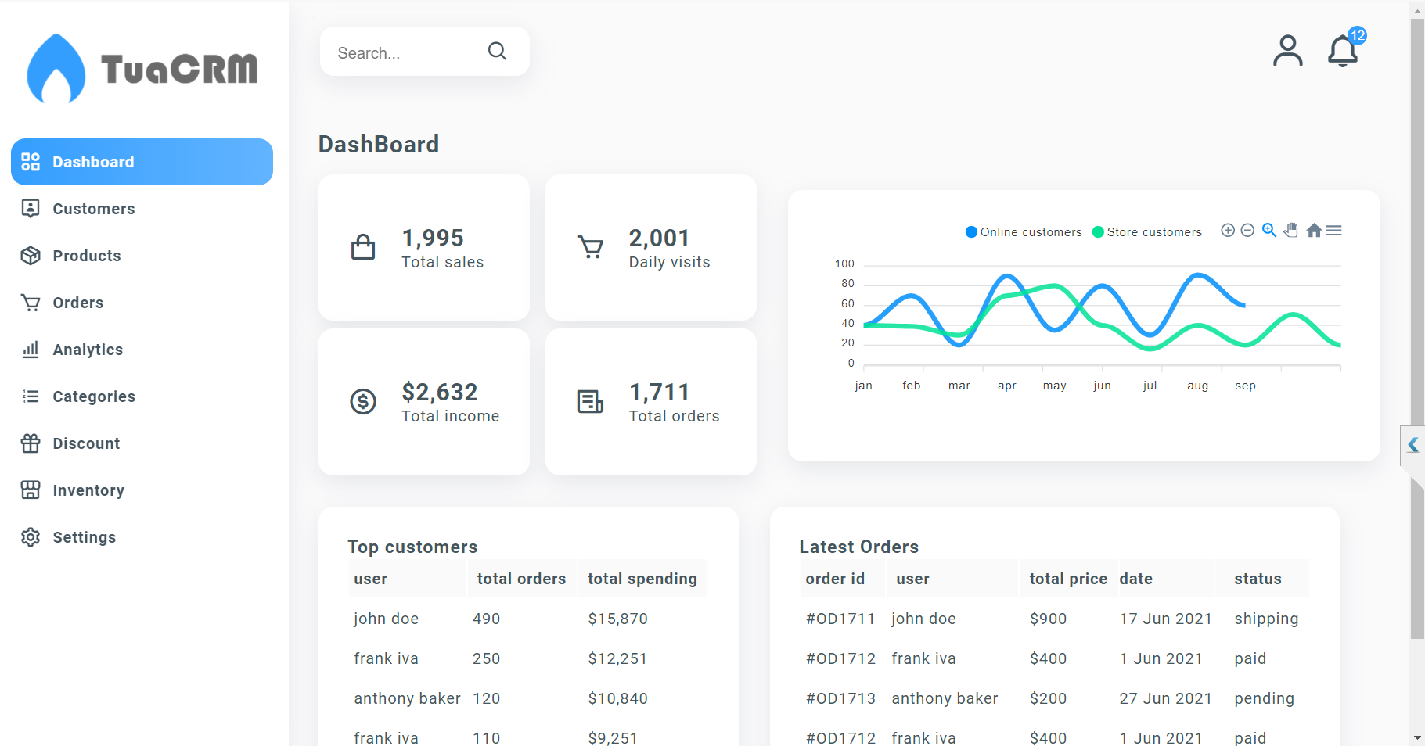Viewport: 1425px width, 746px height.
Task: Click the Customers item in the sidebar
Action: (x=93, y=209)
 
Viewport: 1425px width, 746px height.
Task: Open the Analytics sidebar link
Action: (x=87, y=350)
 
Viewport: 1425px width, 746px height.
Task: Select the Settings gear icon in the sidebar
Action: (x=31, y=537)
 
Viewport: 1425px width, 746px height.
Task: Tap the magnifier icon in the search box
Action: (x=497, y=52)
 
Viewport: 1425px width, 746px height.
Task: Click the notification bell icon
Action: (x=1343, y=52)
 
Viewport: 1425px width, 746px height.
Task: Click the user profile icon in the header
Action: (x=1287, y=52)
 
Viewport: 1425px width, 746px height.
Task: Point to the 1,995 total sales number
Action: (x=433, y=238)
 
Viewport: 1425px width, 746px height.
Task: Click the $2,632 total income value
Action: (x=439, y=392)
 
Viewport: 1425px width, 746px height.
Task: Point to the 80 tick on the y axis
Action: (x=847, y=283)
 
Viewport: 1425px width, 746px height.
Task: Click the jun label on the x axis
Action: (x=1102, y=386)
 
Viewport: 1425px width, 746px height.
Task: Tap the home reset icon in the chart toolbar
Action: (x=1314, y=231)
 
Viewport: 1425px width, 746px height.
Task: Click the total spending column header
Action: (x=642, y=579)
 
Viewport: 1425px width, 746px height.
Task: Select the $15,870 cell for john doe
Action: (x=617, y=619)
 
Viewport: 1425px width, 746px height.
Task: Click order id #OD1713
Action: (x=840, y=698)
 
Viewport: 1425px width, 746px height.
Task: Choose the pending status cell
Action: (x=1264, y=698)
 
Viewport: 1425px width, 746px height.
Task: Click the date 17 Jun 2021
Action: (x=1165, y=619)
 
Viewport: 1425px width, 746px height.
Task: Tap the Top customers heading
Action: (x=412, y=547)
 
